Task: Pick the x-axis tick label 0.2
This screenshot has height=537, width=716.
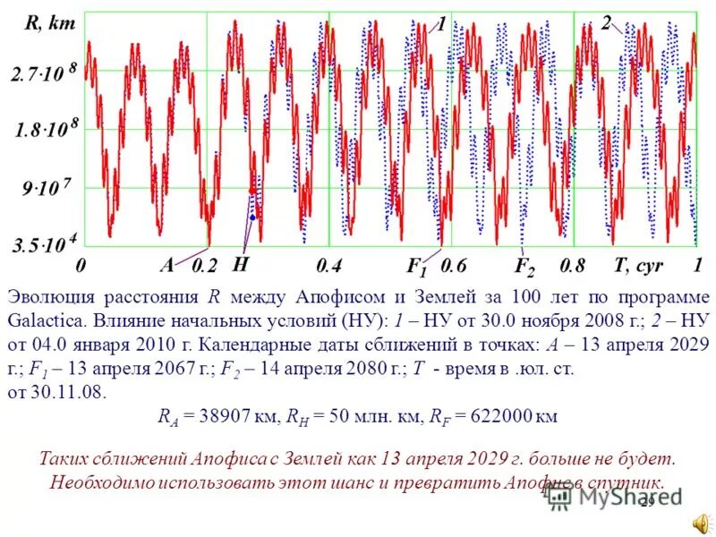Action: tap(205, 266)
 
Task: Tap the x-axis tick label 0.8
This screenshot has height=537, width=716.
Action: tap(572, 266)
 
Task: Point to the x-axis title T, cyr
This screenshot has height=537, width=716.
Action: tap(638, 265)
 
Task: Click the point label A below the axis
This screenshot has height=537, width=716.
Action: tap(167, 265)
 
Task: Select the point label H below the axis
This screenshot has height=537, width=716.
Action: tap(241, 265)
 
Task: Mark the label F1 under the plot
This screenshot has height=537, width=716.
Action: tap(417, 267)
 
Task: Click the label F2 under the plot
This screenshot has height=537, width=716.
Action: tap(524, 267)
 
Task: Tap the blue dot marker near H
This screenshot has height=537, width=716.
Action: tap(253, 217)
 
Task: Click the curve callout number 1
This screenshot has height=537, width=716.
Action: tap(441, 25)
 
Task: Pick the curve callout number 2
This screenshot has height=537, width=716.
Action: tap(606, 22)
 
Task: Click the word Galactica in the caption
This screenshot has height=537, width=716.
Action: tap(44, 320)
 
